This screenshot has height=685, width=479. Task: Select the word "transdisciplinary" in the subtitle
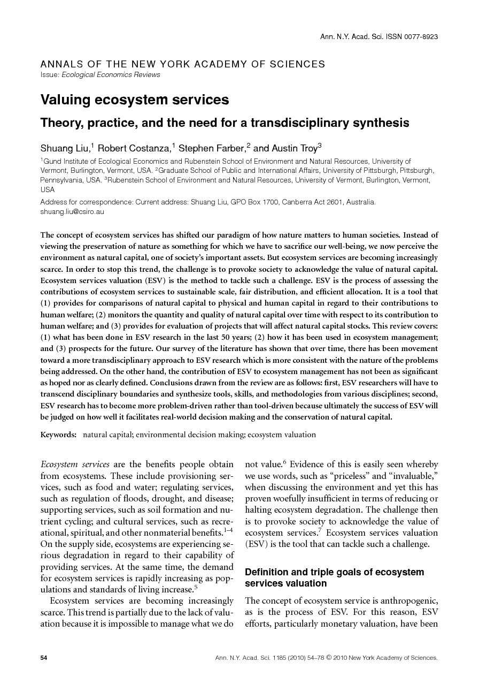coord(311,123)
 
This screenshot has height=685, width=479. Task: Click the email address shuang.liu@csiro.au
coord(72,211)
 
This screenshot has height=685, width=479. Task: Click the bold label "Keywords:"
coord(58,435)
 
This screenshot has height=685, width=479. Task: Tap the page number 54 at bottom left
coord(44,658)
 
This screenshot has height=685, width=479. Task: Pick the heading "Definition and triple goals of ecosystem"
coord(334,572)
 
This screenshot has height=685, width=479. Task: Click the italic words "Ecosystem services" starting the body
coord(75,464)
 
